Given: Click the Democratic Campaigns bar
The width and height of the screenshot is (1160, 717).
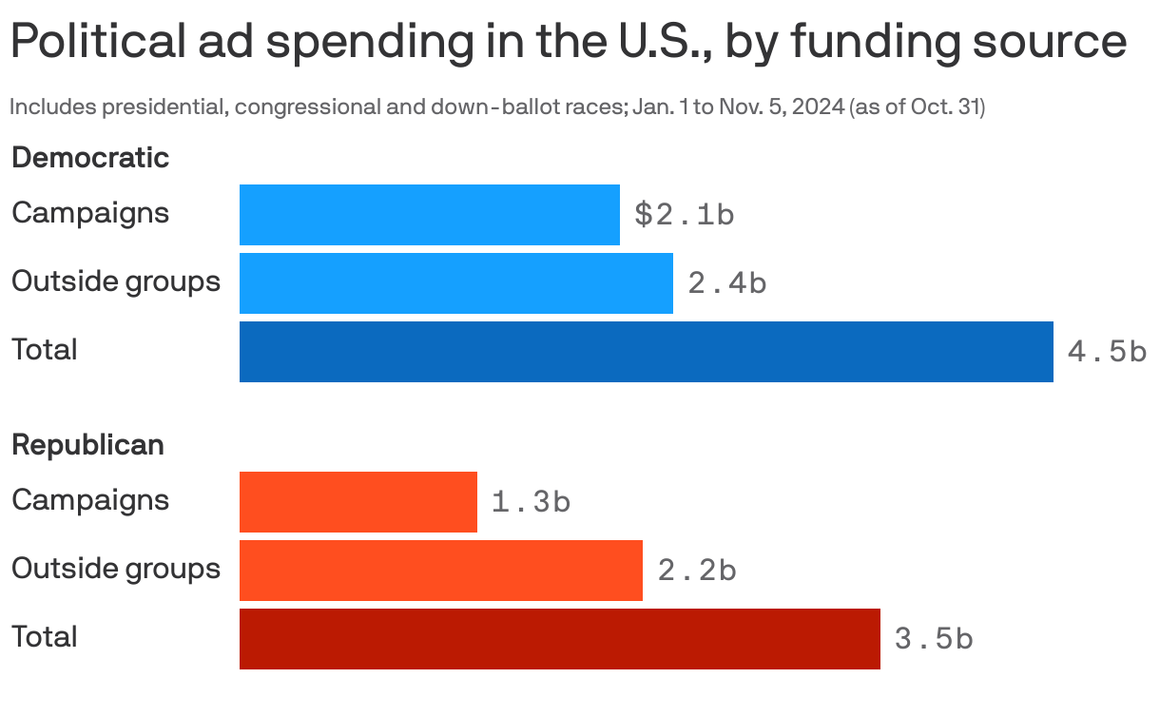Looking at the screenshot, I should click(x=429, y=215).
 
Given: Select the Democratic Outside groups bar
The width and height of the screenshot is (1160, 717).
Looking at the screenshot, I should click(x=455, y=283).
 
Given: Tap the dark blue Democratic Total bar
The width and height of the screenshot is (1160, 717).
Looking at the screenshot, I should click(x=646, y=352).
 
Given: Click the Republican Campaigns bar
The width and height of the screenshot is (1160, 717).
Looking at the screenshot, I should click(x=358, y=502).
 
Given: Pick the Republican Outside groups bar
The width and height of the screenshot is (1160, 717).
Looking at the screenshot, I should click(x=440, y=571).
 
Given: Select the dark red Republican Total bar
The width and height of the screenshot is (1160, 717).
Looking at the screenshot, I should click(x=559, y=639).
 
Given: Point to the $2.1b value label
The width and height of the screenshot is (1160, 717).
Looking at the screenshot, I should click(x=684, y=215).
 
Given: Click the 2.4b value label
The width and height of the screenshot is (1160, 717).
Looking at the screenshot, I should click(x=726, y=283).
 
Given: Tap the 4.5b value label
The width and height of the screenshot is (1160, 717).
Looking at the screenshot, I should click(x=1107, y=352).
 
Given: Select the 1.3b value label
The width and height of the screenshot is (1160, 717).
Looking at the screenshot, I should click(x=531, y=502).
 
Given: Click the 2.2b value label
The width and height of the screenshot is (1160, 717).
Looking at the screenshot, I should click(x=696, y=571).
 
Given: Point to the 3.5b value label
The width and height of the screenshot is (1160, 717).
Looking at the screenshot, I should click(x=934, y=639).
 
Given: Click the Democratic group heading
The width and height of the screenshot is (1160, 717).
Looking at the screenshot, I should click(x=90, y=158).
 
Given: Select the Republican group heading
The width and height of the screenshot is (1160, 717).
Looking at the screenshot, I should click(x=87, y=445).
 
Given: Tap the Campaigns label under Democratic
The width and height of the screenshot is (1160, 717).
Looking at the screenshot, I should click(x=90, y=213).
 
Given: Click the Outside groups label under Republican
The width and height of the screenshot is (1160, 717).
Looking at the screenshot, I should click(x=116, y=569).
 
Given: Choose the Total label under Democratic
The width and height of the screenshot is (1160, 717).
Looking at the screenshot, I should click(x=45, y=350).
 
